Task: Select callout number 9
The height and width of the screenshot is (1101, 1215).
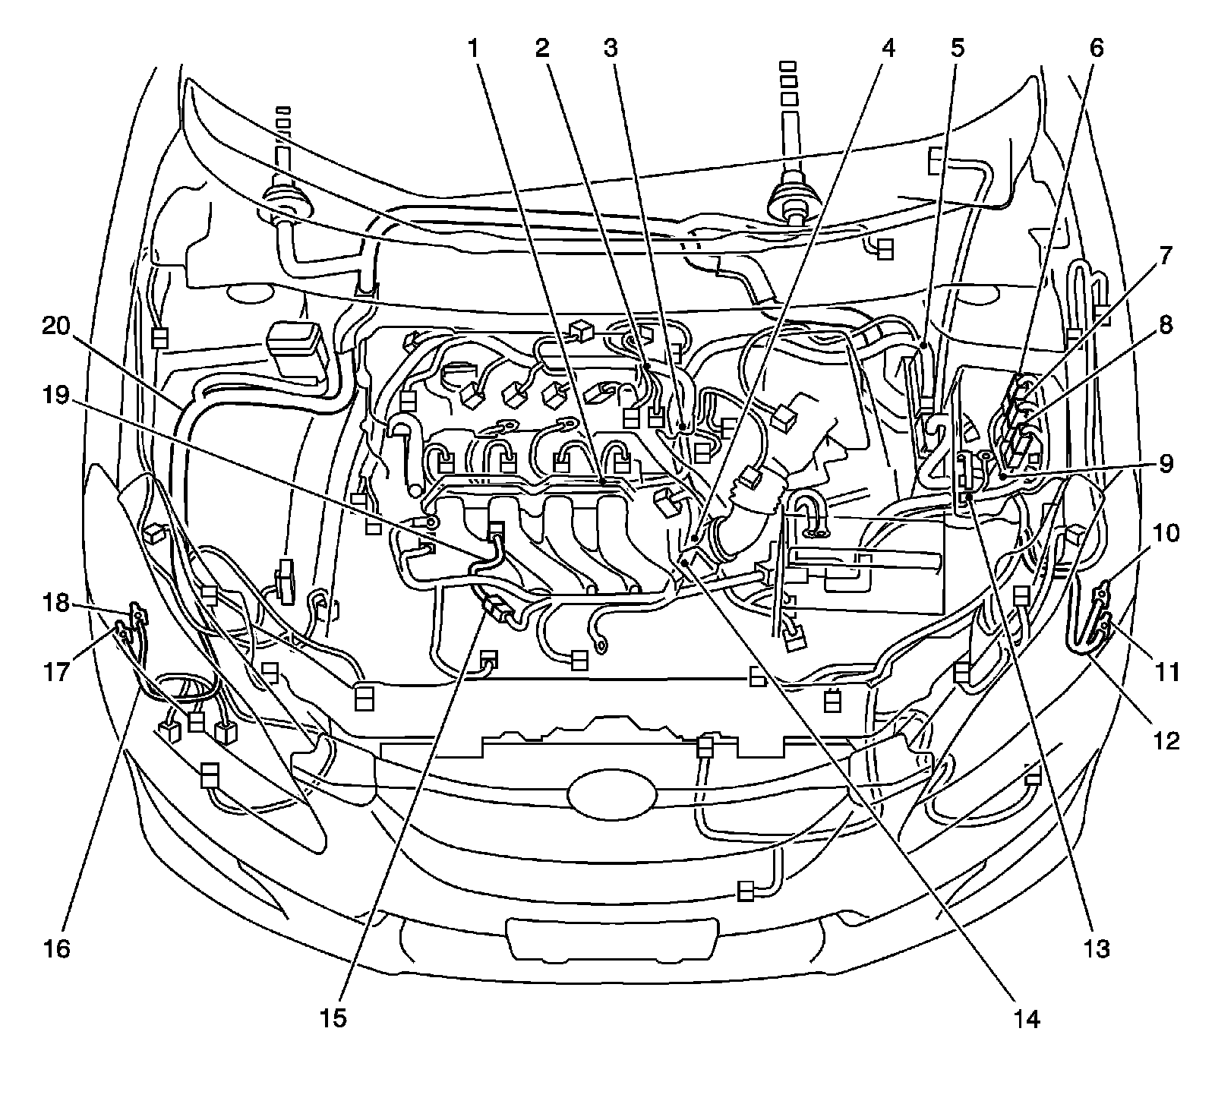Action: pos(1165,462)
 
